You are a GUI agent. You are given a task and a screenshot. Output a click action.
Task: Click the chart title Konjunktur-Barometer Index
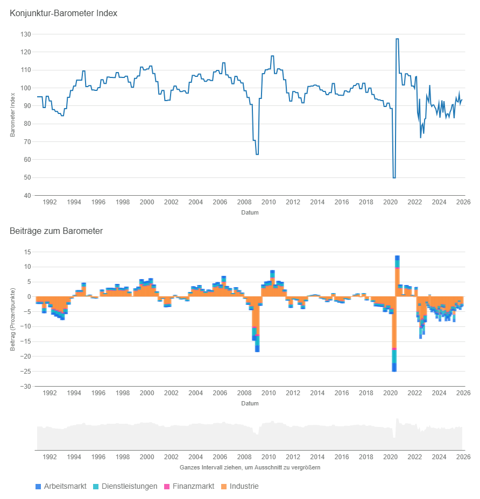pos(63,13)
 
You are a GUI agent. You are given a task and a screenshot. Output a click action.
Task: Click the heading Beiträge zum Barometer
pos(56,231)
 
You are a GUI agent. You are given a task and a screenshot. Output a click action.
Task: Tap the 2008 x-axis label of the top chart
pos(244,202)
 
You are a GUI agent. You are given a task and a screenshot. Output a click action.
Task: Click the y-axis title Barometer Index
pos(12,115)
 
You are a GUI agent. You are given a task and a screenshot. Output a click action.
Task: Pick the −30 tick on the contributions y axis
pos(25,386)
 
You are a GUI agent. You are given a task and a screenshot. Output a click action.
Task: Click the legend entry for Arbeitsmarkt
pos(60,486)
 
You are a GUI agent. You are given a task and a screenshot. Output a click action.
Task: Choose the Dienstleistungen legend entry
pos(125,486)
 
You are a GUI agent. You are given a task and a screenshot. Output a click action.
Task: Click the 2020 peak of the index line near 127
pos(397,39)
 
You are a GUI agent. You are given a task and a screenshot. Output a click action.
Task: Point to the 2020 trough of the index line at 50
pos(394,177)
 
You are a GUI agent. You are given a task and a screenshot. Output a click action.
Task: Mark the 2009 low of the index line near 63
pos(257,154)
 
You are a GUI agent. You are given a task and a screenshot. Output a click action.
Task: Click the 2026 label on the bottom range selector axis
pos(463,457)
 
